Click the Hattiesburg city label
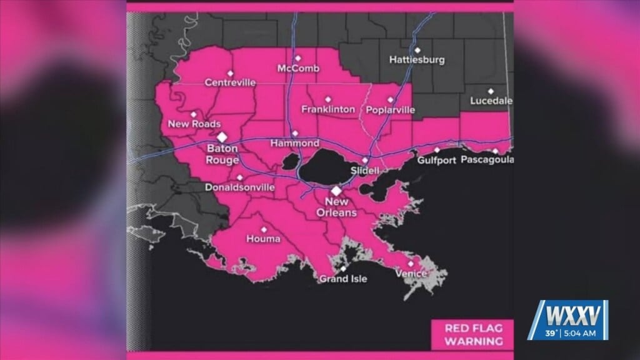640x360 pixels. click(x=417, y=60)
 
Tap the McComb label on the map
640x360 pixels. click(x=298, y=68)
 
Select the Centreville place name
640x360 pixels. click(x=230, y=82)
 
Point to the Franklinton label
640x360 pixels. click(x=328, y=109)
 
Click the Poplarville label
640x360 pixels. click(x=391, y=109)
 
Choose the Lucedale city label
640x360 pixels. click(x=491, y=101)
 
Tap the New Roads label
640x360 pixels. click(x=194, y=124)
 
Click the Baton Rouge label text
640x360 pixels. click(x=222, y=155)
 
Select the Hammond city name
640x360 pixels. click(x=294, y=143)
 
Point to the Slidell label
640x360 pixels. click(x=365, y=170)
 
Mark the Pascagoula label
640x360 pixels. click(x=487, y=160)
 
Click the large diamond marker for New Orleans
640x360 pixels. click(x=336, y=191)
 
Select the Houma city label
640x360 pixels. click(x=263, y=239)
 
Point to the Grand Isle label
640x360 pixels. click(x=343, y=279)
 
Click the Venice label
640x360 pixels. click(x=411, y=274)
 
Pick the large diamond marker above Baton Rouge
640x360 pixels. click(x=222, y=137)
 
